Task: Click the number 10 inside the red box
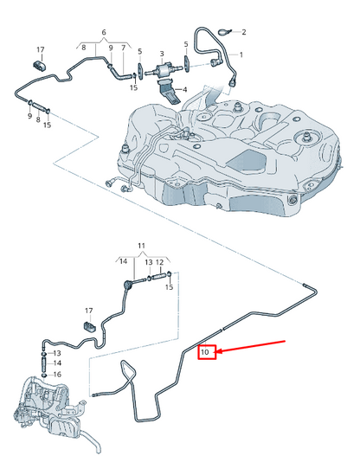tap(206, 352)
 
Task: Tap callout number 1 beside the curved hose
tap(241, 55)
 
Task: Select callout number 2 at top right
tap(243, 32)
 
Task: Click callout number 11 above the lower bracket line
tap(143, 247)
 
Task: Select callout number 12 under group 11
tap(159, 262)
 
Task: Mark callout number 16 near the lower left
tap(57, 374)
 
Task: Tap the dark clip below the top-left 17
tap(39, 66)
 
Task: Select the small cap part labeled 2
tap(223, 32)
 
